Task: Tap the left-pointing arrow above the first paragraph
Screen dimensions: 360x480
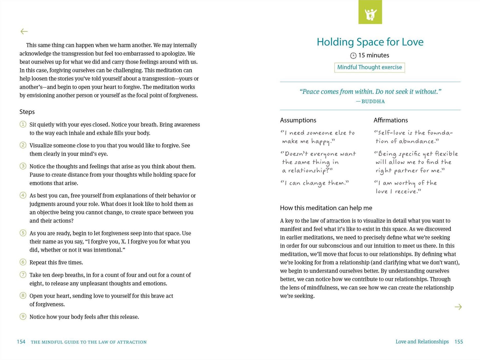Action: pyautogui.click(x=24, y=31)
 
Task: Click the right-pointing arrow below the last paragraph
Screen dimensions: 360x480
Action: pyautogui.click(x=458, y=307)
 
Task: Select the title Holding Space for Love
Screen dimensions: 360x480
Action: pyautogui.click(x=370, y=42)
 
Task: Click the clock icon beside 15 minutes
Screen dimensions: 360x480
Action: pyautogui.click(x=353, y=56)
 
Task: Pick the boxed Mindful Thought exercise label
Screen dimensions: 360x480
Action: pyautogui.click(x=369, y=67)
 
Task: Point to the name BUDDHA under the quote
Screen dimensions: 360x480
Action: pyautogui.click(x=373, y=101)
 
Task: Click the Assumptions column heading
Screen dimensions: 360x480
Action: pyautogui.click(x=298, y=120)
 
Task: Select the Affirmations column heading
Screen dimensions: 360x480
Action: pyautogui.click(x=391, y=120)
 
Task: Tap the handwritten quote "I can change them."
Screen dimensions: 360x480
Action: pyautogui.click(x=315, y=183)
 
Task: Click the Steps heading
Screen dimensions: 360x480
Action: pyautogui.click(x=27, y=112)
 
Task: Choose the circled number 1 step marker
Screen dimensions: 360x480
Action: pyautogui.click(x=23, y=124)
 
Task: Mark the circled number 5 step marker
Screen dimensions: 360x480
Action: pyautogui.click(x=23, y=233)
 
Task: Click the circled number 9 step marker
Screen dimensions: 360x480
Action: pyautogui.click(x=23, y=316)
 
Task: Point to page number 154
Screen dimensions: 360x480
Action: pyautogui.click(x=21, y=342)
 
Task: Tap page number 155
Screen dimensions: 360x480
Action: pyautogui.click(x=459, y=342)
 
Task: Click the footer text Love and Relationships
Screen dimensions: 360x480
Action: pyautogui.click(x=422, y=342)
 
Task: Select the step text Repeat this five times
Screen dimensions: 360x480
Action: pyautogui.click(x=56, y=263)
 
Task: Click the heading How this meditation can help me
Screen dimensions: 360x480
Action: pyautogui.click(x=326, y=208)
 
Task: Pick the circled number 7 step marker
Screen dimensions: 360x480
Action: pyautogui.click(x=23, y=275)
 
